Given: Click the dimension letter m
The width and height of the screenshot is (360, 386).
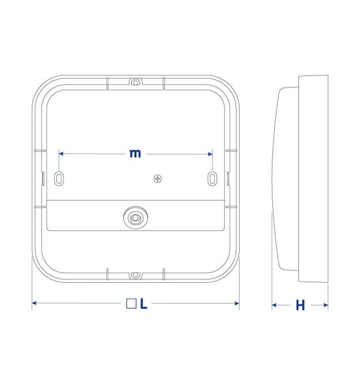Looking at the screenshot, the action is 135,153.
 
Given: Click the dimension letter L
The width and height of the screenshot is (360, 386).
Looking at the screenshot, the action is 143,304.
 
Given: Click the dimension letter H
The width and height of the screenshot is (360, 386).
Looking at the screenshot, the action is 300,305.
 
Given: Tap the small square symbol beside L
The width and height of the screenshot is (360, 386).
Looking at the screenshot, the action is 131,304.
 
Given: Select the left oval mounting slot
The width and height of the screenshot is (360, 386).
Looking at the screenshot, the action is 59,179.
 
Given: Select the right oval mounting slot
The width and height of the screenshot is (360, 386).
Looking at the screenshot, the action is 213,179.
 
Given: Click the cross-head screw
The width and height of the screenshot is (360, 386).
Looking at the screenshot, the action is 157,179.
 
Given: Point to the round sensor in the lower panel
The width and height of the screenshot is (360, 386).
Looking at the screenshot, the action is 135,218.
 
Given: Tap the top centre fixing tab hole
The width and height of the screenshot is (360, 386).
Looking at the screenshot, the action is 135,82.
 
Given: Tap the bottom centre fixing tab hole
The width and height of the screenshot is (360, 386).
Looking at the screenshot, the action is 135,275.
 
